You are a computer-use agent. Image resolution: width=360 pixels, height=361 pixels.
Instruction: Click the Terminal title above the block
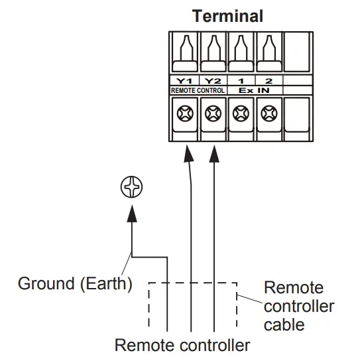click(x=227, y=15)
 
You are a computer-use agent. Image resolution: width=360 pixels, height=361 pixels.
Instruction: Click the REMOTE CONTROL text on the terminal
click(x=198, y=89)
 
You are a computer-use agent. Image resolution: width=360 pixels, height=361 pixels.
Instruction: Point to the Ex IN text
click(x=255, y=89)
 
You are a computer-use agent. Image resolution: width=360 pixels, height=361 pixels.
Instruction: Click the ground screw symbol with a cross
click(x=131, y=188)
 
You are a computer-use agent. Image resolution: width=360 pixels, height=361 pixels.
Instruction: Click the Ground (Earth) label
click(x=75, y=283)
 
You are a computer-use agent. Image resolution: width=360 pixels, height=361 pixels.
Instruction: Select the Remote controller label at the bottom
click(x=182, y=345)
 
